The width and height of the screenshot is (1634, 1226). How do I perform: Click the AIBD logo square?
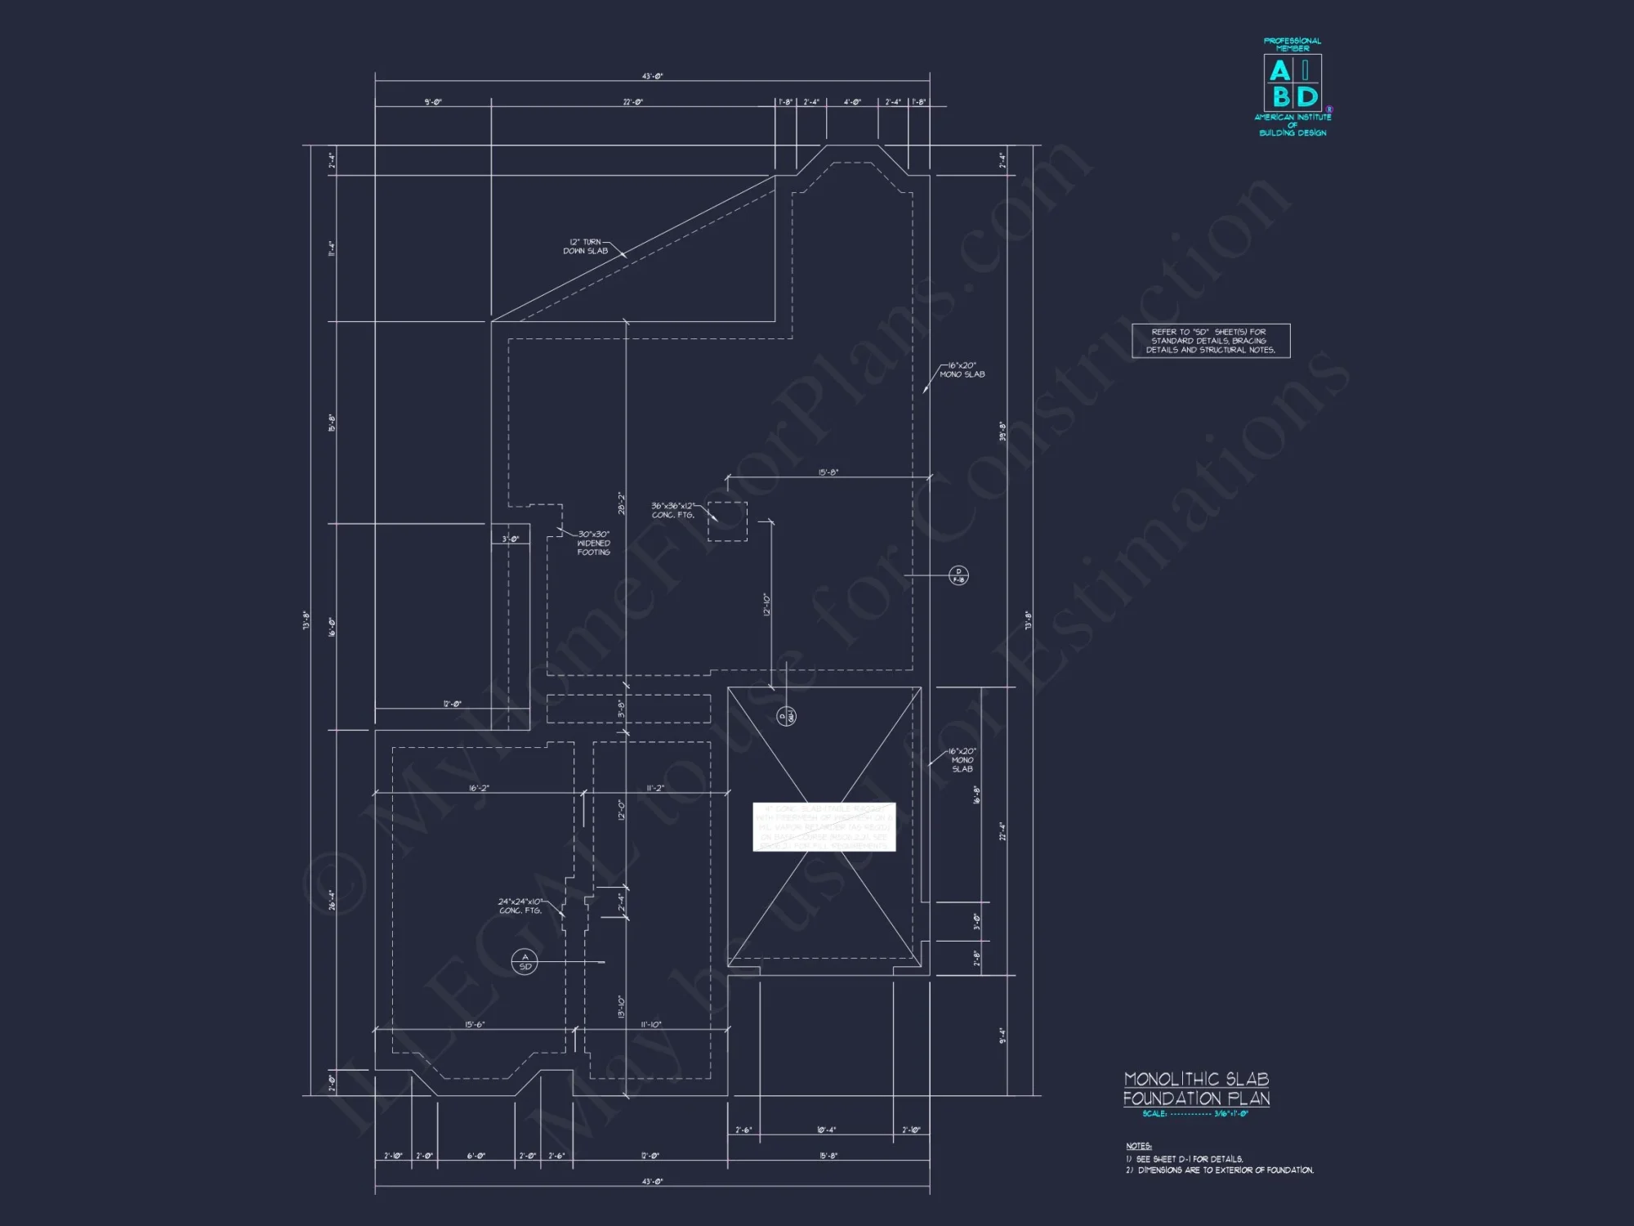(x=1292, y=83)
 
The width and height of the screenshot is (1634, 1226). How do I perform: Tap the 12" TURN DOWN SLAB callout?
(x=586, y=247)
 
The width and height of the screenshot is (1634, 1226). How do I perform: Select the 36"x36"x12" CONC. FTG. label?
(x=672, y=511)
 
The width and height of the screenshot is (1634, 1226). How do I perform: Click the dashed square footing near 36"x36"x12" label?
(x=727, y=521)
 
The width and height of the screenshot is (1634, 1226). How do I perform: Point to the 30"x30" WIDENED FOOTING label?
(x=594, y=544)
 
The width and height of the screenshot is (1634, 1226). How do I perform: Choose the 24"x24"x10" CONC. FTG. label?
(x=520, y=906)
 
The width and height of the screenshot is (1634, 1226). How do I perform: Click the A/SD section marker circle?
(x=525, y=962)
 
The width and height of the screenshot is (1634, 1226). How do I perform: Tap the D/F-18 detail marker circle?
(x=958, y=575)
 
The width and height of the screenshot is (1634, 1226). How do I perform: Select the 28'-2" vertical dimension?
(x=622, y=503)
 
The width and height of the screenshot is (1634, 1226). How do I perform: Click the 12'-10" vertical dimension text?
(x=766, y=605)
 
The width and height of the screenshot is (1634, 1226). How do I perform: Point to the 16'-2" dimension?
(x=479, y=789)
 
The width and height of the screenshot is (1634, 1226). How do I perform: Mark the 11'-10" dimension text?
(x=651, y=1025)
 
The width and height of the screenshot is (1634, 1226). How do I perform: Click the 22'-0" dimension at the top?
(x=632, y=102)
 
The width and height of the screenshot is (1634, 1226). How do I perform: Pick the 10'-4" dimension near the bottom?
(x=826, y=1130)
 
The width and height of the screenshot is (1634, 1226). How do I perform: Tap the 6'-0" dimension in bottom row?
(x=475, y=1157)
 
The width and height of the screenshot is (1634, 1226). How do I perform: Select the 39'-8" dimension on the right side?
(x=1002, y=432)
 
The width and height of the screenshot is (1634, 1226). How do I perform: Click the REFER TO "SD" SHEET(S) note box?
(x=1210, y=341)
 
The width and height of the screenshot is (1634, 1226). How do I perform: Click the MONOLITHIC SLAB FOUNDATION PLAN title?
(x=1196, y=1089)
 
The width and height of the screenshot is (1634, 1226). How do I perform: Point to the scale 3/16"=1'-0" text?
(x=1230, y=1114)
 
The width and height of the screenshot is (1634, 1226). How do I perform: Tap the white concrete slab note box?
(x=824, y=826)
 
